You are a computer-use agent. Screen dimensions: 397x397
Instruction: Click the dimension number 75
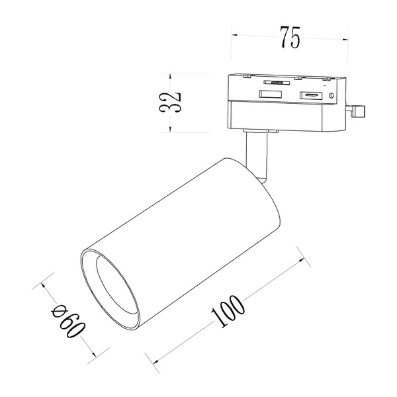(290, 37)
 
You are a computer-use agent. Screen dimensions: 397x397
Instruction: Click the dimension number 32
(170, 103)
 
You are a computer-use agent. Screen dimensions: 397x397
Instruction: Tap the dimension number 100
(228, 311)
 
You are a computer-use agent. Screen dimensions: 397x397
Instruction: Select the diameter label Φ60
(68, 321)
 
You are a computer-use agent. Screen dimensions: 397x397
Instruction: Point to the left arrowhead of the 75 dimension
(234, 35)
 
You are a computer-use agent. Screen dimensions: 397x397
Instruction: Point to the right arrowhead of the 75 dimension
(345, 39)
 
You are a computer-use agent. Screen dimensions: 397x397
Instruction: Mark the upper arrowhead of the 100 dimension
(302, 260)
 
